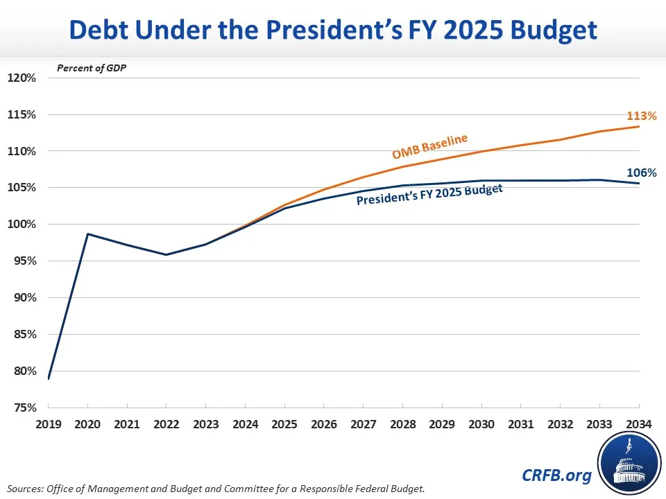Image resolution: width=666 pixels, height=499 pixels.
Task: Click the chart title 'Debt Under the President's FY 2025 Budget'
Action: [x=333, y=30]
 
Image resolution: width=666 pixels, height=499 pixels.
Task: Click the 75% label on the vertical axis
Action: [x=22, y=408]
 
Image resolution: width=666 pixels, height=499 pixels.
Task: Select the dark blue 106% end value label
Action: [x=642, y=173]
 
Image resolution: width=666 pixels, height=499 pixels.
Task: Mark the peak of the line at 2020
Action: [x=87, y=234]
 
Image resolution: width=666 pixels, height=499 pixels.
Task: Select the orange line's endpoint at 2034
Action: [x=639, y=126]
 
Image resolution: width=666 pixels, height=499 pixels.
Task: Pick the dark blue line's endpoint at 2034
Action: [x=639, y=183]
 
